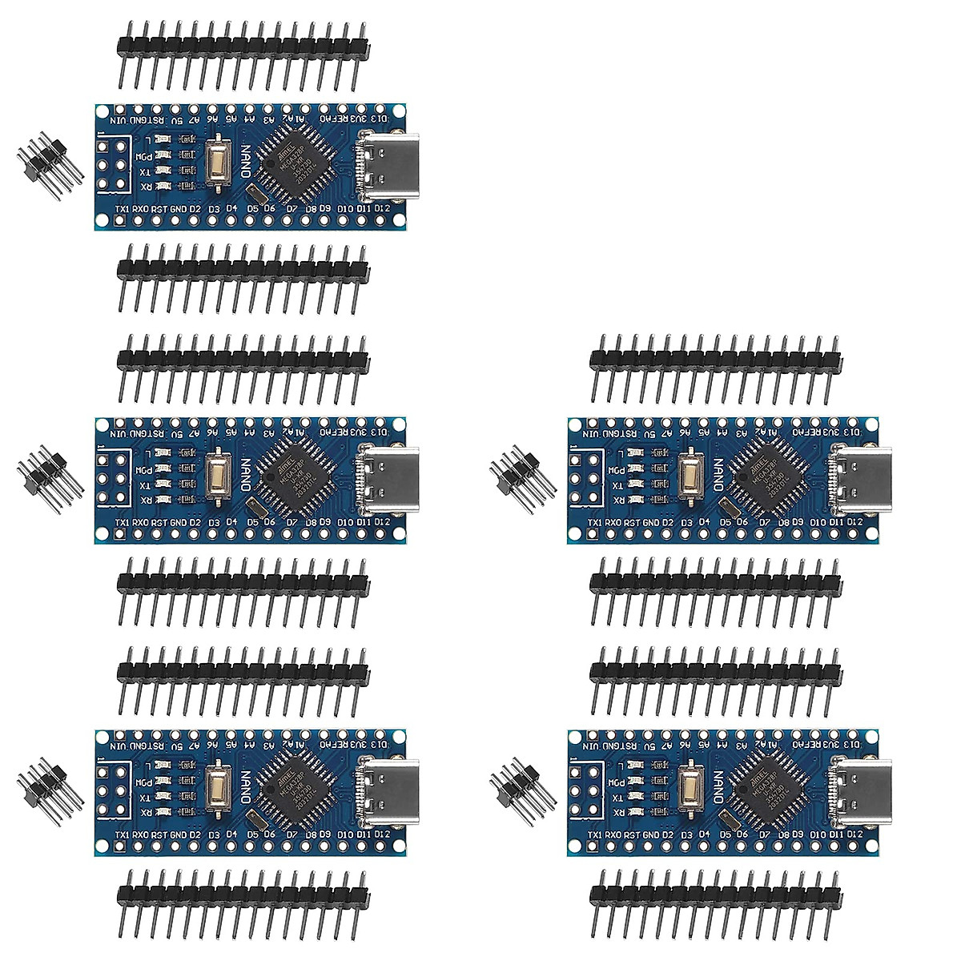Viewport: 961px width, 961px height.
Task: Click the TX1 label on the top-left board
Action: (x=123, y=210)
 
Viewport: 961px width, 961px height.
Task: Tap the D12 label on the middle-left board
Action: (x=382, y=522)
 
